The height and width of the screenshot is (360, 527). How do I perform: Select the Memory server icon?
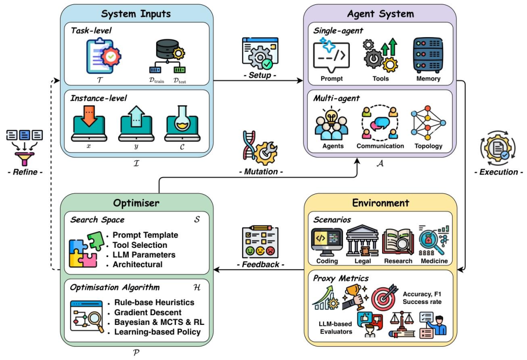click(x=428, y=55)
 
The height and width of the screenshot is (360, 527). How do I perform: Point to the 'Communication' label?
click(x=380, y=146)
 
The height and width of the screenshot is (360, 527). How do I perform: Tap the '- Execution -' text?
click(x=497, y=172)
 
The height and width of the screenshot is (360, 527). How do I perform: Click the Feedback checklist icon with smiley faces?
click(x=260, y=241)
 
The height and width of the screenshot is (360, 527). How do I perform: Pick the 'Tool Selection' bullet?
click(x=140, y=245)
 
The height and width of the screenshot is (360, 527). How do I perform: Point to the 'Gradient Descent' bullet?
click(x=147, y=312)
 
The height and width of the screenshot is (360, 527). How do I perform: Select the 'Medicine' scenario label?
click(x=433, y=261)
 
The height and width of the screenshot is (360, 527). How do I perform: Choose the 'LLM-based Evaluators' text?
click(x=335, y=328)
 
